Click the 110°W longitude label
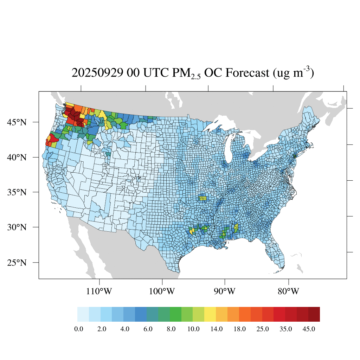(x=99, y=291)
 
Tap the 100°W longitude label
(x=162, y=291)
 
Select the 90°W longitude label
(x=225, y=291)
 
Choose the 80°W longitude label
(x=288, y=291)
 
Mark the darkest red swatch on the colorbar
(x=314, y=314)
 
